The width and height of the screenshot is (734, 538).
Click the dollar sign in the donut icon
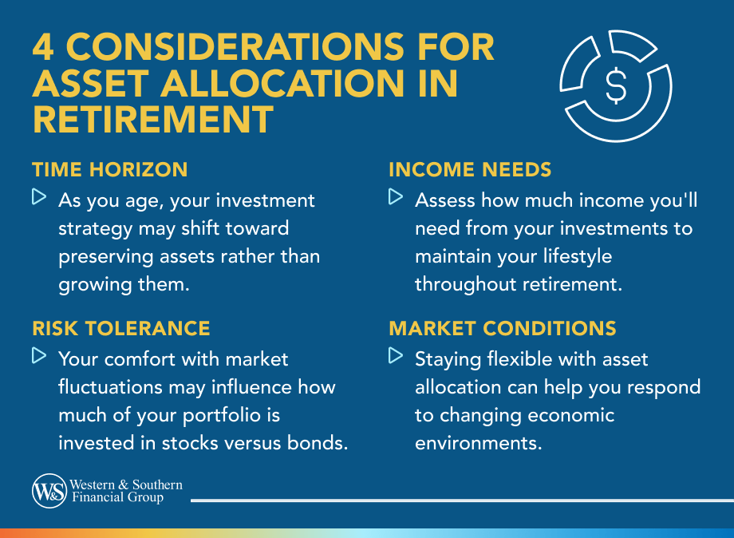click(x=615, y=86)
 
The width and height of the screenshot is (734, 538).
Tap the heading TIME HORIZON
click(x=110, y=169)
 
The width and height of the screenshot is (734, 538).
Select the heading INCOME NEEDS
click(x=470, y=169)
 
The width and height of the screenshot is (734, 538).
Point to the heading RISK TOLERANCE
click(x=121, y=328)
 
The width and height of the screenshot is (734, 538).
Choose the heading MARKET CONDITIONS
click(x=503, y=328)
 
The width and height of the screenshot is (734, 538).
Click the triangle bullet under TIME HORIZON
click(x=39, y=196)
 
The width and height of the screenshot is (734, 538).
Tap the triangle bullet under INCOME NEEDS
click(x=396, y=196)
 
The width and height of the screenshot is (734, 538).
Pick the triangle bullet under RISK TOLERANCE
click(x=39, y=355)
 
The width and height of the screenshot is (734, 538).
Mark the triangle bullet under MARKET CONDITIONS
click(x=396, y=355)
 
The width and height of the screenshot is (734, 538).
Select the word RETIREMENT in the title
click(x=152, y=120)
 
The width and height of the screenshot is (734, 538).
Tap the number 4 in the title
click(x=45, y=48)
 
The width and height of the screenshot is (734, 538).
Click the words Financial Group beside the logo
click(x=116, y=498)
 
